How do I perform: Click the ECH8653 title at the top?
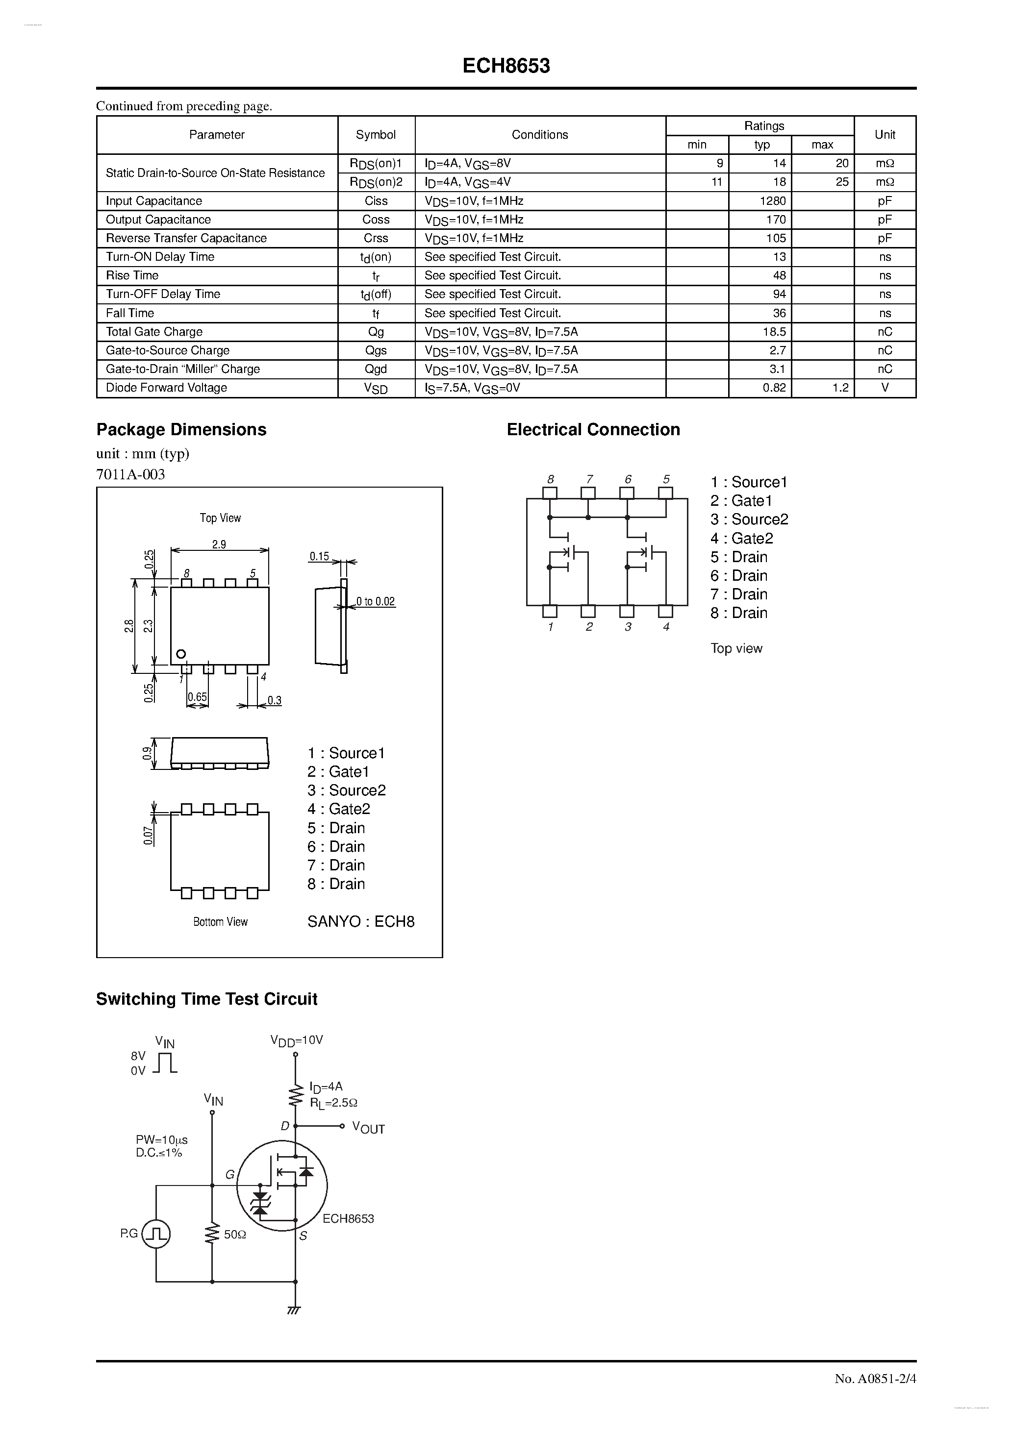tap(506, 66)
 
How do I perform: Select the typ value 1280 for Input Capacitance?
tap(773, 201)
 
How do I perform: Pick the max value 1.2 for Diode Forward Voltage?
tap(840, 388)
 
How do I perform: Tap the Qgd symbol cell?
tap(376, 369)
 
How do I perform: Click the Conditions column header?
tap(540, 135)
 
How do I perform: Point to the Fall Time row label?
tap(130, 313)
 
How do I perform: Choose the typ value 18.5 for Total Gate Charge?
tap(774, 331)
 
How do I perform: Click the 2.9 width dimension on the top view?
tap(219, 544)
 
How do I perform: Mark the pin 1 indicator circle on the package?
tap(181, 654)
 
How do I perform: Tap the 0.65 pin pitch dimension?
tap(198, 697)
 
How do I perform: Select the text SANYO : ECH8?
tap(360, 922)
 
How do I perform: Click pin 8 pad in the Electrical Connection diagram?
tap(550, 493)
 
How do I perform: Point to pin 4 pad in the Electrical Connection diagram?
tap(666, 611)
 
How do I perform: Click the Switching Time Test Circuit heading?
tap(207, 999)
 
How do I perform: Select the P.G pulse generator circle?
tap(156, 1234)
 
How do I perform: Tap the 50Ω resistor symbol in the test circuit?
tap(212, 1234)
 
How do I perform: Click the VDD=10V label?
tap(297, 1040)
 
